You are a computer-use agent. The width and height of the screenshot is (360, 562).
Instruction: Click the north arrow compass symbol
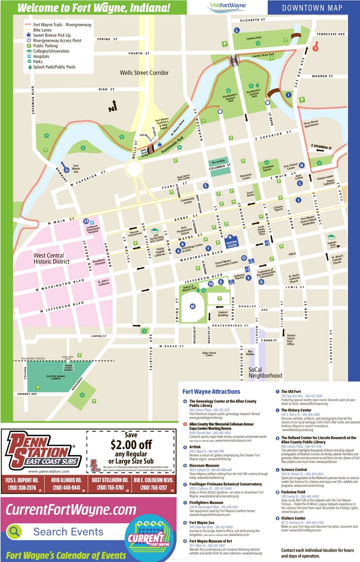point(112,106)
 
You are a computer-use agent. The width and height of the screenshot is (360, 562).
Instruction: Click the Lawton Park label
point(254,38)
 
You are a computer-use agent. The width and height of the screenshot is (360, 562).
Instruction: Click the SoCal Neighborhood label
point(265,372)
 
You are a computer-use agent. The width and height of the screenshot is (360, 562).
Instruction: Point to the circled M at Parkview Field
point(192,307)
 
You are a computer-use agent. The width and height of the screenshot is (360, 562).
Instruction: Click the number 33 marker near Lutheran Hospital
point(86,221)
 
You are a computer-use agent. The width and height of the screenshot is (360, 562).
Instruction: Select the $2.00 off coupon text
point(130,445)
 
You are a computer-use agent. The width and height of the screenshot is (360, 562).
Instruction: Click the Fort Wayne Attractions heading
point(211,392)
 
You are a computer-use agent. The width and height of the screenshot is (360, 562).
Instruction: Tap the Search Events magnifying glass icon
point(15,531)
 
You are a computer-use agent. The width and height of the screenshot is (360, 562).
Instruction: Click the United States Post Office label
point(291,340)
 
